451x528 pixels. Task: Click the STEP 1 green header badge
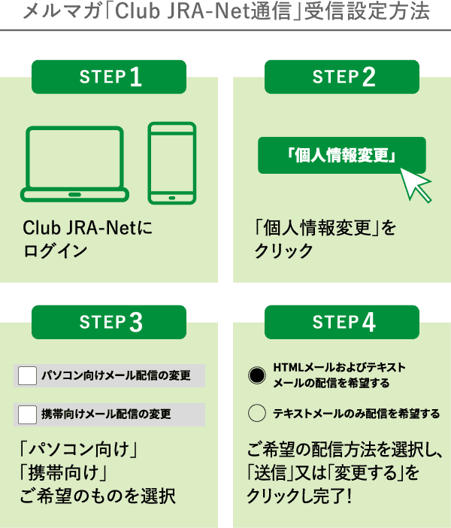click(109, 77)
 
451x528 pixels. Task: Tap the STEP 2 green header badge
click(342, 77)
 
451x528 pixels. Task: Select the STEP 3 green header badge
click(109, 322)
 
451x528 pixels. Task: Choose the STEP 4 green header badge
click(342, 322)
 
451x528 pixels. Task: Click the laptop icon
click(74, 163)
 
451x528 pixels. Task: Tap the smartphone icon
click(171, 163)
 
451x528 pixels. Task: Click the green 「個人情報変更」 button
click(341, 156)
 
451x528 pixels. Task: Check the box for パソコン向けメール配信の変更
click(27, 375)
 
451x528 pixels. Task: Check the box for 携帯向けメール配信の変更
click(27, 414)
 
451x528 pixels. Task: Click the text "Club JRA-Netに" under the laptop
click(87, 227)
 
